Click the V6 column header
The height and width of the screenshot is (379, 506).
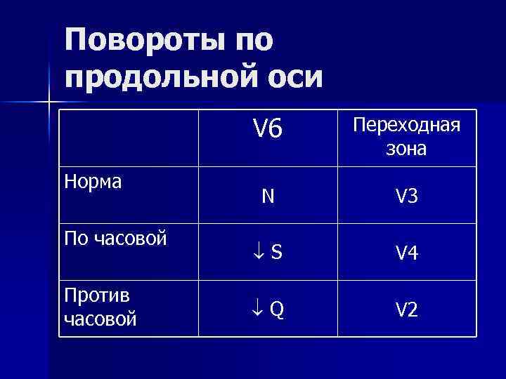pyautogui.click(x=267, y=128)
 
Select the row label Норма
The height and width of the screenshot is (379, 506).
pyautogui.click(x=93, y=182)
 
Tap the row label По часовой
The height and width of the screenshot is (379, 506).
pyautogui.click(x=115, y=238)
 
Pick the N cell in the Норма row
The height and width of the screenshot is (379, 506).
pyautogui.click(x=268, y=197)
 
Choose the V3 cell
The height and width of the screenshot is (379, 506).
pyautogui.click(x=406, y=197)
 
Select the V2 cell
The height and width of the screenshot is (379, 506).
pyautogui.click(x=406, y=310)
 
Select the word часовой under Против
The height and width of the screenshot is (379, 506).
pyautogui.click(x=100, y=319)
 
